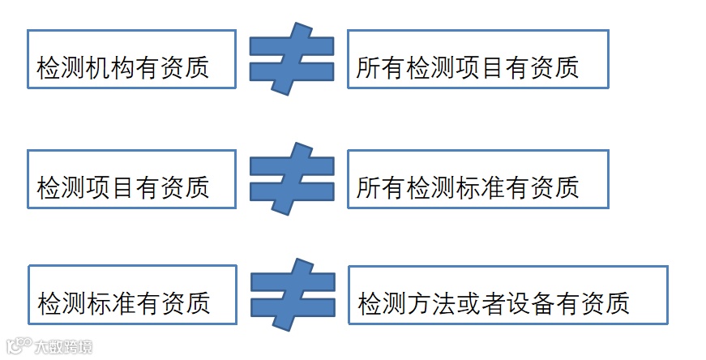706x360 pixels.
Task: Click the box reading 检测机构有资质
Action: click(x=131, y=59)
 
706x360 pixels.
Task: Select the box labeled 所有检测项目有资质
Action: click(x=477, y=59)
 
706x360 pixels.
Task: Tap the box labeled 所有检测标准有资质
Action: click(x=477, y=179)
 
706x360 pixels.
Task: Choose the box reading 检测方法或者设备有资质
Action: click(x=507, y=295)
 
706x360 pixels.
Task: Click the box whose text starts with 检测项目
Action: click(x=131, y=179)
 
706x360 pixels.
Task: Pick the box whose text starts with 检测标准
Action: click(x=132, y=294)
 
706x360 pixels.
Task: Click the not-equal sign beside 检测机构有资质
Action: click(x=291, y=59)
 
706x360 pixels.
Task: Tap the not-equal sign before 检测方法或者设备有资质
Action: click(x=292, y=294)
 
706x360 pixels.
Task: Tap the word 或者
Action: click(x=481, y=304)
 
